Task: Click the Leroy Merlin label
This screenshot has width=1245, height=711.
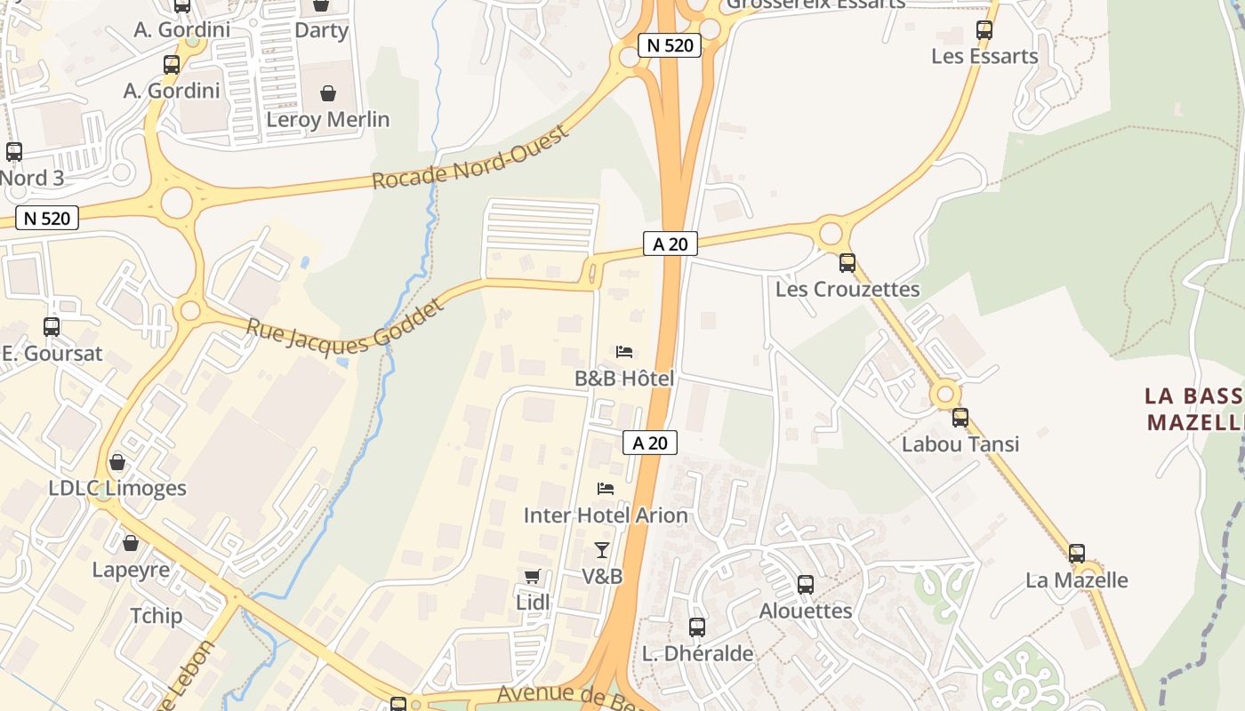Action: [328, 119]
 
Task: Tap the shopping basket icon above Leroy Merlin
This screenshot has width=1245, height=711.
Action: [328, 93]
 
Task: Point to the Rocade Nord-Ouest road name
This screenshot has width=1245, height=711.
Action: [470, 158]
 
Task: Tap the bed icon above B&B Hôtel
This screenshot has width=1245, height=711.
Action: [624, 352]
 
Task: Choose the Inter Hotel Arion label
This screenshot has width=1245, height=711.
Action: [606, 515]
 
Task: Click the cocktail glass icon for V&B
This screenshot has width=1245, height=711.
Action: [602, 550]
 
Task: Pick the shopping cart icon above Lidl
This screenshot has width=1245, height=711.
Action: [533, 577]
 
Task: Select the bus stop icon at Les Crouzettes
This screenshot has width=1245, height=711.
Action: [847, 263]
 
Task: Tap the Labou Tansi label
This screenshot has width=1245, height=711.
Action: [960, 443]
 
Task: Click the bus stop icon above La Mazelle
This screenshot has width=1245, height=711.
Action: [1077, 554]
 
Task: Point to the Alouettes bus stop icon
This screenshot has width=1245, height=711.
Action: [806, 585]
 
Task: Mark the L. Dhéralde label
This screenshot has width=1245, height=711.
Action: [697, 653]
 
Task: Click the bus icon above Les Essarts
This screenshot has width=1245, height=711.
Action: [984, 29]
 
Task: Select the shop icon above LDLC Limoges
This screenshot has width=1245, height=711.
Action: [117, 462]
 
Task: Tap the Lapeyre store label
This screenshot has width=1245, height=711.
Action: [131, 570]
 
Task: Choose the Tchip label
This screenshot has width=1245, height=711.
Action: [156, 616]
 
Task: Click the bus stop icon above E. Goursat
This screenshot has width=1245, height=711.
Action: [52, 327]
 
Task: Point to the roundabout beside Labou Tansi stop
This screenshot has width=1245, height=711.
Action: [945, 394]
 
